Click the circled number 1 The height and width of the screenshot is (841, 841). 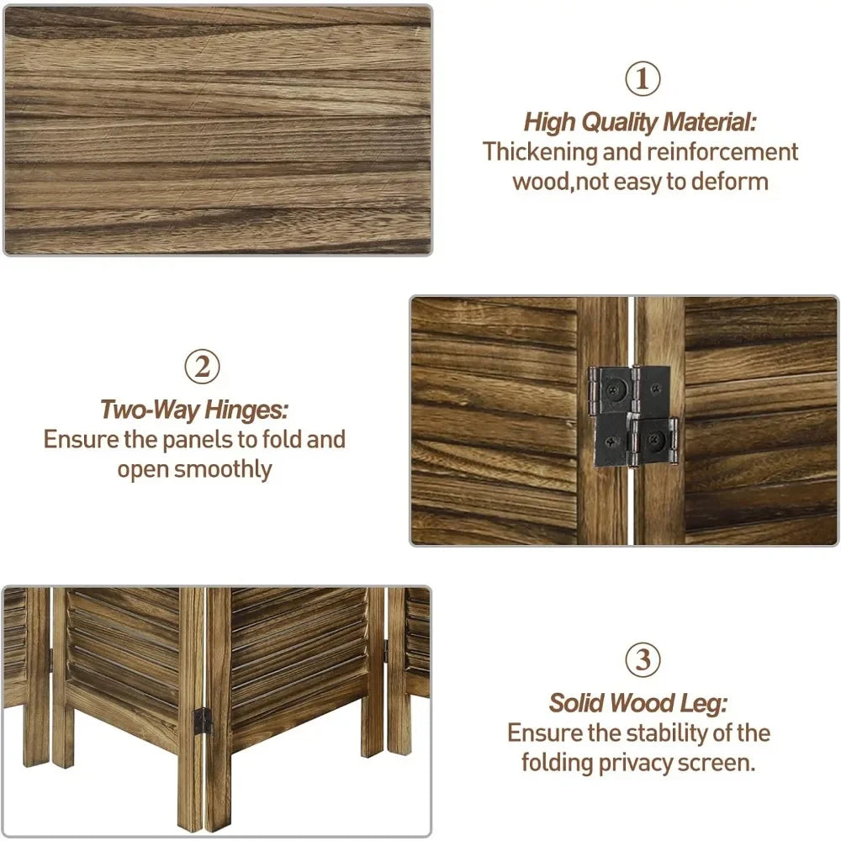tap(642, 79)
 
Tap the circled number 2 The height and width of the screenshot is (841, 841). tap(202, 367)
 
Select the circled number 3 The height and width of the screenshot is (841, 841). tap(643, 659)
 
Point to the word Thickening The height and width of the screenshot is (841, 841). tap(540, 151)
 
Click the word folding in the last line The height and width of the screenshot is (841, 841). tap(558, 763)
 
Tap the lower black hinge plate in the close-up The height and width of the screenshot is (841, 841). tap(637, 441)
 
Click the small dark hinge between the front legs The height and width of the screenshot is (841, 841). tap(203, 721)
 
